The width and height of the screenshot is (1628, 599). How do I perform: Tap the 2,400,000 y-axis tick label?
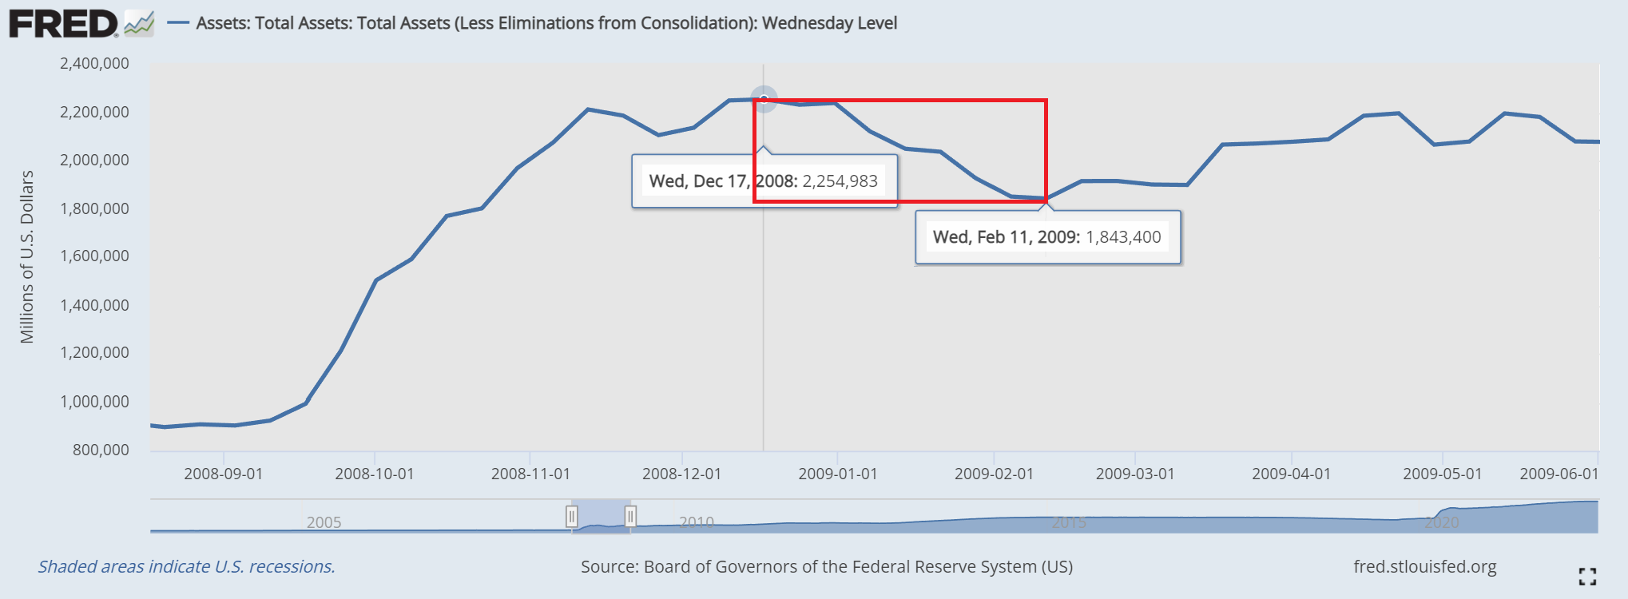click(94, 64)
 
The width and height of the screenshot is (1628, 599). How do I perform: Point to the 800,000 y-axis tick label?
click(101, 450)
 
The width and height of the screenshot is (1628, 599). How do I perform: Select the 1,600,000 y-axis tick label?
click(94, 256)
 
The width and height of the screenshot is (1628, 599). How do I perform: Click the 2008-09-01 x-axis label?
click(223, 474)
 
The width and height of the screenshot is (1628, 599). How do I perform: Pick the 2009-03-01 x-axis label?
click(1134, 474)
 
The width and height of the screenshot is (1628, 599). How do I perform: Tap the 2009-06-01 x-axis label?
click(1559, 474)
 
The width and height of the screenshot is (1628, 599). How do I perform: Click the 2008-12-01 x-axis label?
click(681, 474)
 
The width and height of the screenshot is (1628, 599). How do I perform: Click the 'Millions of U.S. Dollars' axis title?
click(27, 257)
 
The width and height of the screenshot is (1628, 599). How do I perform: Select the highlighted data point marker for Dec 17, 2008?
click(764, 99)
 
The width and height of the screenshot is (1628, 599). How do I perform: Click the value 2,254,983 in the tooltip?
click(840, 181)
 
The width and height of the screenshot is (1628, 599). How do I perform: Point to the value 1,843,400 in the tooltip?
click(1123, 237)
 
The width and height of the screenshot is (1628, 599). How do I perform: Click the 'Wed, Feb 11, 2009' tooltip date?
click(1006, 237)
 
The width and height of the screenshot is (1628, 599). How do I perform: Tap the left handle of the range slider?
click(572, 517)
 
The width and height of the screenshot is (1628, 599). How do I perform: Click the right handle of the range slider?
click(630, 517)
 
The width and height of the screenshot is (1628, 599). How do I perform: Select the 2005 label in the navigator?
click(324, 522)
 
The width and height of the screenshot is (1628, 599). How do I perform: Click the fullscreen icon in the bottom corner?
click(1587, 576)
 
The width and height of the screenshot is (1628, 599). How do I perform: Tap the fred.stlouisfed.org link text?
click(1424, 567)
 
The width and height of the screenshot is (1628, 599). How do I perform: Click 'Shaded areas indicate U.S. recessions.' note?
click(186, 567)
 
